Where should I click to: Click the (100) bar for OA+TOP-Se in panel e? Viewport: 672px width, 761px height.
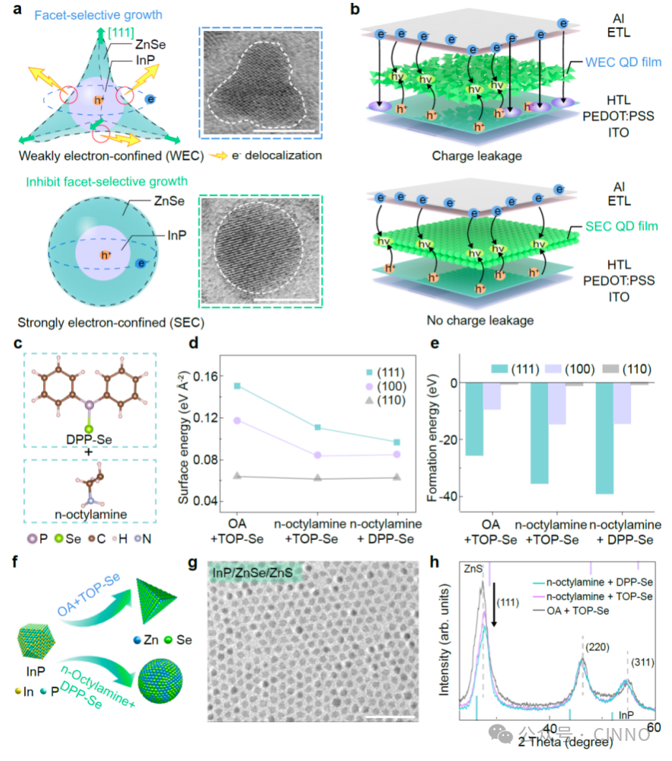tap(492, 396)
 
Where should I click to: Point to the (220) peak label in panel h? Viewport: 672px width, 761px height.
tap(597, 647)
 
